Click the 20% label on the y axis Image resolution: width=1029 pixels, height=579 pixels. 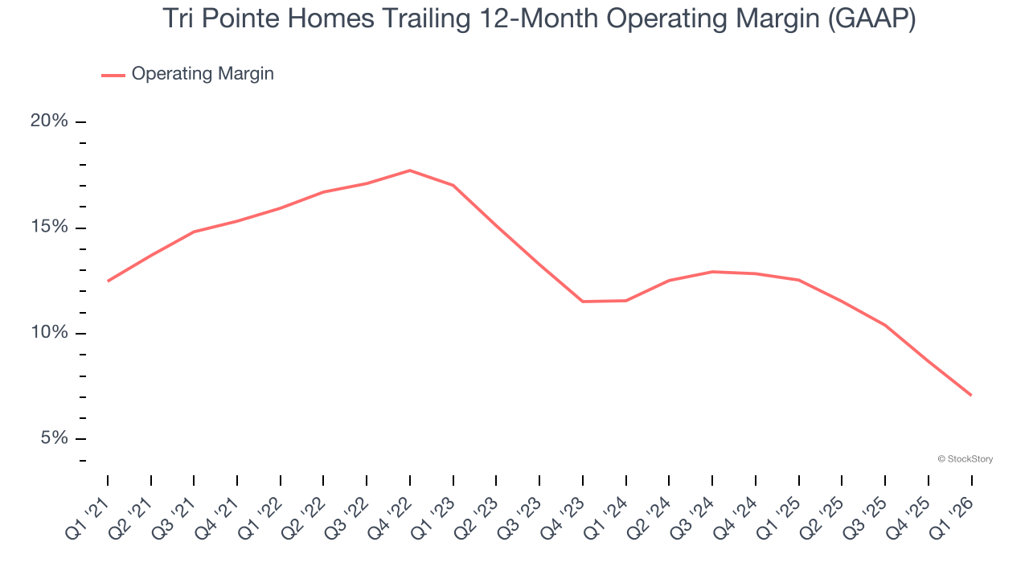click(49, 121)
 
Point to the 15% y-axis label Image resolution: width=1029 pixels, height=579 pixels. click(49, 228)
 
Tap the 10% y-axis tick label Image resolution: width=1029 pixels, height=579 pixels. click(49, 333)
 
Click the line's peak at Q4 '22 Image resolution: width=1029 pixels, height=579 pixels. click(410, 170)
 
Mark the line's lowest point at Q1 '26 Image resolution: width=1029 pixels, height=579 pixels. click(971, 395)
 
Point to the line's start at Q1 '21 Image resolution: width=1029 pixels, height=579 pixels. click(108, 281)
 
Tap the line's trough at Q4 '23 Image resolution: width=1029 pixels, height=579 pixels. click(583, 302)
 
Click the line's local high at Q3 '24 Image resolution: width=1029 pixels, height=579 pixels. click(712, 272)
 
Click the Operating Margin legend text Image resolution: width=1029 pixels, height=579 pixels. click(203, 74)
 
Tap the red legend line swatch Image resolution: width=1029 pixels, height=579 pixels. click(113, 75)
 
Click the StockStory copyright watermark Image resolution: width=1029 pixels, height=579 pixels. click(965, 459)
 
